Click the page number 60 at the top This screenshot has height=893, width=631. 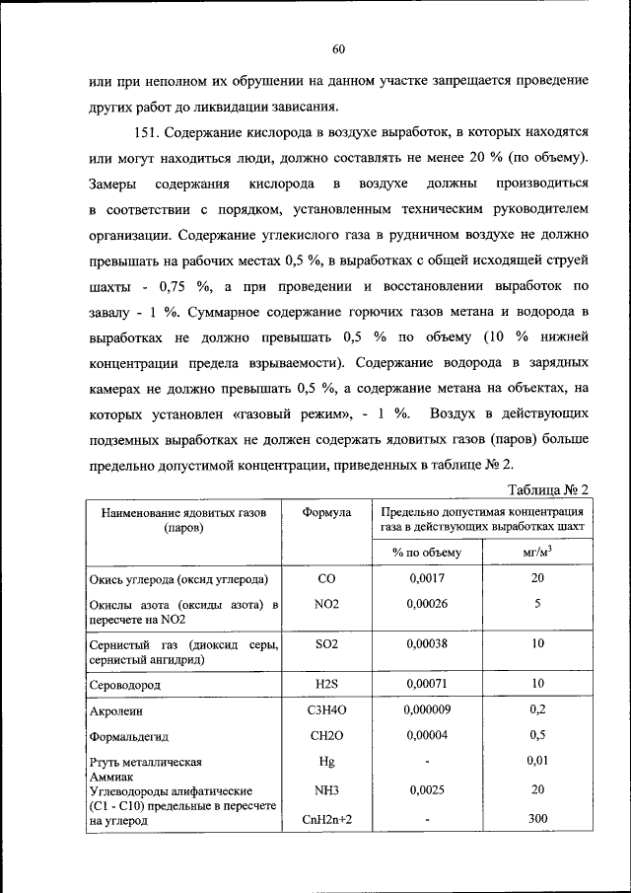[x=337, y=49]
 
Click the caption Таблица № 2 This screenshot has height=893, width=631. [x=548, y=490]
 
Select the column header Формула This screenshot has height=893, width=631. [x=326, y=513]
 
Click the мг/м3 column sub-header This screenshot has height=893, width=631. [x=537, y=553]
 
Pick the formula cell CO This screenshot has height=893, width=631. [x=326, y=578]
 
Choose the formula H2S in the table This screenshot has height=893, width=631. [x=326, y=683]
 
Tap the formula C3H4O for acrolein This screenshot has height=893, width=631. [x=326, y=708]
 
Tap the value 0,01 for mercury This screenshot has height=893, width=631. [x=537, y=760]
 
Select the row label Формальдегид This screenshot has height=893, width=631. [x=135, y=735]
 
